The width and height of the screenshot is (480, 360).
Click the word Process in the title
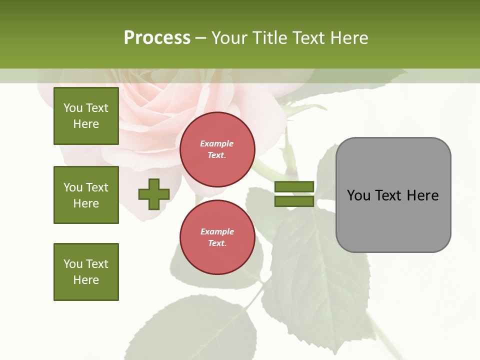157,38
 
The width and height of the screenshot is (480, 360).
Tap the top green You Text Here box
86,116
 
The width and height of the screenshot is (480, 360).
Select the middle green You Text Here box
86,195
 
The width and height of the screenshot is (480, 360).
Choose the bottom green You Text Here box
86,272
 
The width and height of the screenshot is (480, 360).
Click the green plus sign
154,194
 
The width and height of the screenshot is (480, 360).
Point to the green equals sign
294,194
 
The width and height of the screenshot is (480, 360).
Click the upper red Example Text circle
217,149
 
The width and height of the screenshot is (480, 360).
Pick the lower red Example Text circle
217,237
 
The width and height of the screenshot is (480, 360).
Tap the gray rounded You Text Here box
393,195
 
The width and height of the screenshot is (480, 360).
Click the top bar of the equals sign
294,186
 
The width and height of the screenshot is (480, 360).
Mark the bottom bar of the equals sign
294,201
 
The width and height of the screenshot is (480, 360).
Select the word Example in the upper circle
217,143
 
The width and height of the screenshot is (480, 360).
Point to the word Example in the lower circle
217,231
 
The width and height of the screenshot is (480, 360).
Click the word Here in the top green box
86,124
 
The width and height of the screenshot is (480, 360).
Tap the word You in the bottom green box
73,264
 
